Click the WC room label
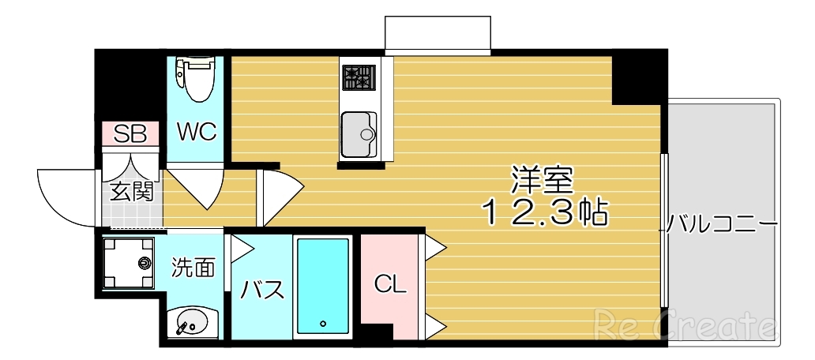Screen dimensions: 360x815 (x=196, y=131)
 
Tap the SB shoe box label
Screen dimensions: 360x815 (x=130, y=133)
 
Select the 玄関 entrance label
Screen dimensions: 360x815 (x=131, y=191)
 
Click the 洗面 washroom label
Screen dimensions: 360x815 (x=193, y=268)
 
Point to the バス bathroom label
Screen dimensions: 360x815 (x=262, y=290)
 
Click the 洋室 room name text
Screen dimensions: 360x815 (x=541, y=181)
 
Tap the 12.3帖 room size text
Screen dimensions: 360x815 (x=544, y=212)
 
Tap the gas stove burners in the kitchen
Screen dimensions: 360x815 (x=358, y=77)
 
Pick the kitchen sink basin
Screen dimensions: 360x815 (x=359, y=133)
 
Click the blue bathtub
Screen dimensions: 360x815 (x=322, y=286)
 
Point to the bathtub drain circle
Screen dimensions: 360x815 (x=322, y=324)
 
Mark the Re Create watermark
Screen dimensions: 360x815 (x=685, y=323)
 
